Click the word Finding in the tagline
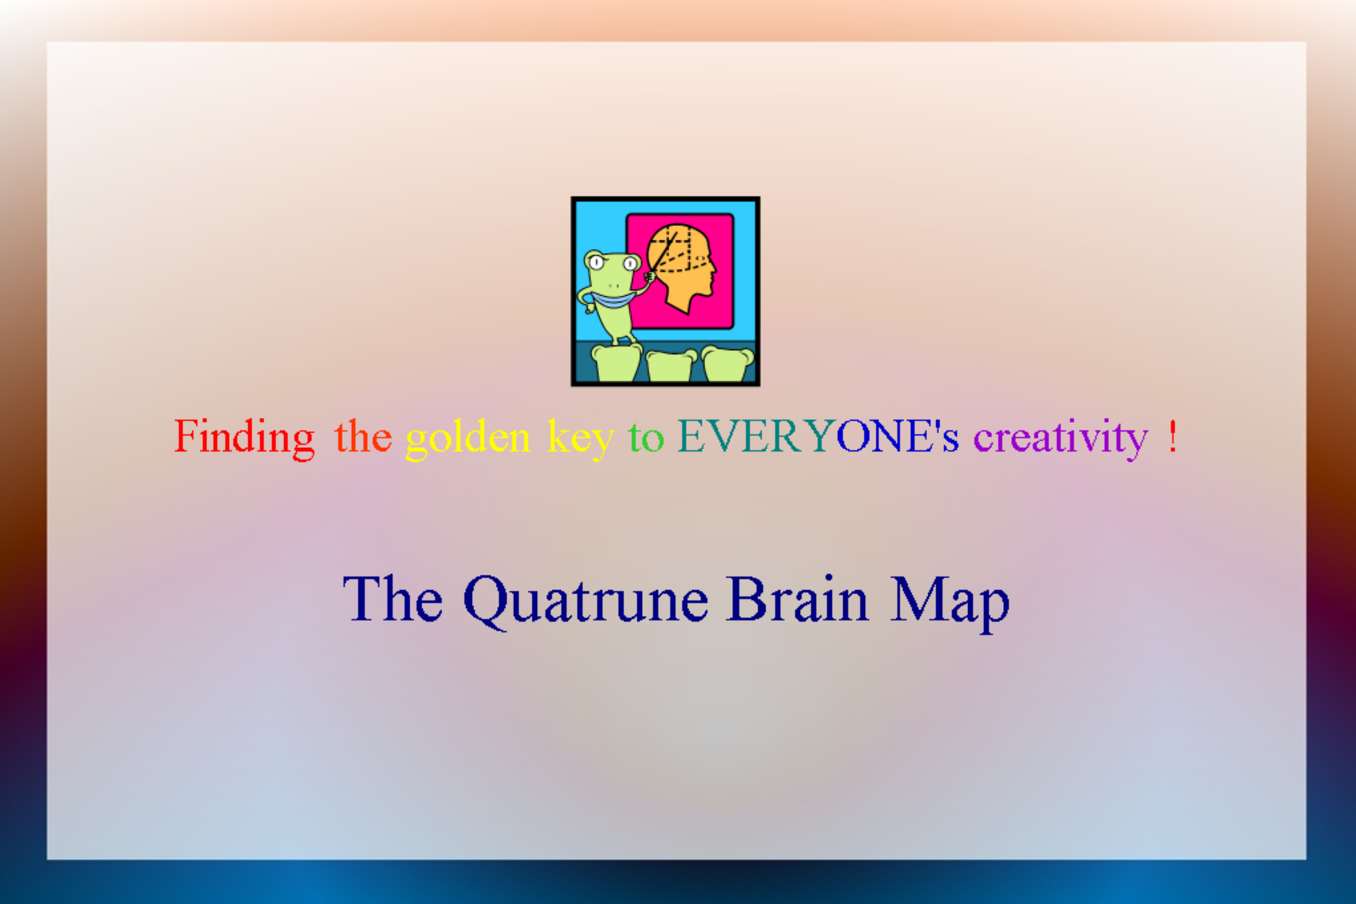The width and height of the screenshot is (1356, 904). pyautogui.click(x=245, y=438)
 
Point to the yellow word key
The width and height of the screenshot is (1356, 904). pyautogui.click(x=580, y=439)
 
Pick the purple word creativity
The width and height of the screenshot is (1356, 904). pyautogui.click(x=1061, y=439)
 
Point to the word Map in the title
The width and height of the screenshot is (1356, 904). pyautogui.click(x=950, y=603)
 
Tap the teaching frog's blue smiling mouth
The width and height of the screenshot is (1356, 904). pyautogui.click(x=613, y=300)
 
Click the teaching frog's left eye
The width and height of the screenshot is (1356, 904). pyautogui.click(x=597, y=263)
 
